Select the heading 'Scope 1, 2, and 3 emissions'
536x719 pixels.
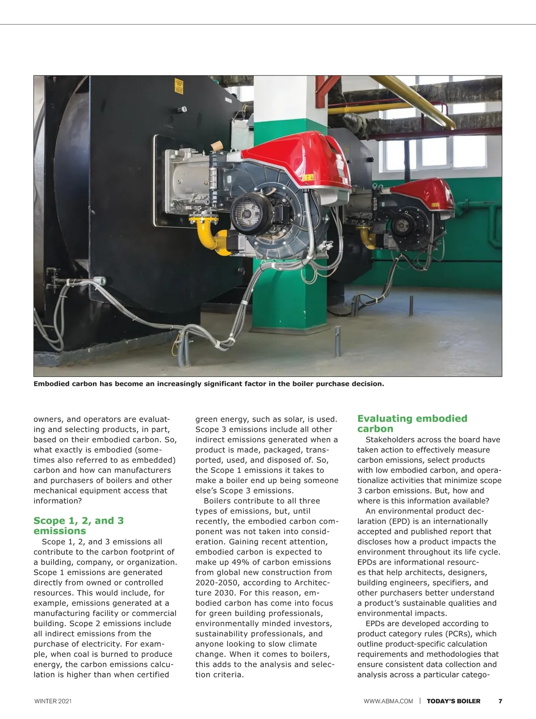point(79,526)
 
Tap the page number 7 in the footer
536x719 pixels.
point(500,701)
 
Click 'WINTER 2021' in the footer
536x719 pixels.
point(53,701)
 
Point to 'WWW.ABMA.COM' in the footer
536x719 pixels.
point(388,701)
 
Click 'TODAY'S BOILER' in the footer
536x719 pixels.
point(453,701)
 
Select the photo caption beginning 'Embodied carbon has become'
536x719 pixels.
point(209,384)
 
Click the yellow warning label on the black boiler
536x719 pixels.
point(179,86)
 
